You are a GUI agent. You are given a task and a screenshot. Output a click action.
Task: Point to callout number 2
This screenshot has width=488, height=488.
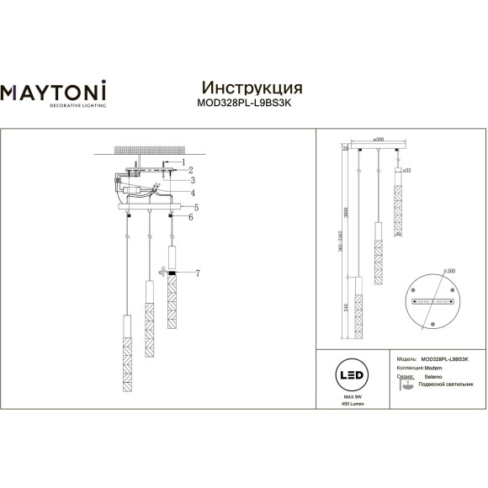click(x=191, y=170)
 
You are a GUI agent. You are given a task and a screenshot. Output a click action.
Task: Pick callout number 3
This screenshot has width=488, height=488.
click(x=192, y=180)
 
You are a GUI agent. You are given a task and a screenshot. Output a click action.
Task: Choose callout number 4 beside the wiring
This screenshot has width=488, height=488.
click(x=192, y=192)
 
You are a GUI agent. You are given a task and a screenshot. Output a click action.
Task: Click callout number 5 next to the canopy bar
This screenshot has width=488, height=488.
click(x=195, y=206)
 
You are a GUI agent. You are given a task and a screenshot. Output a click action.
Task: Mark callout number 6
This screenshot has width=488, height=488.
click(x=191, y=218)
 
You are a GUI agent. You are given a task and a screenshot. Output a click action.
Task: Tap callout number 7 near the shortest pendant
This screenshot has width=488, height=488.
click(x=197, y=274)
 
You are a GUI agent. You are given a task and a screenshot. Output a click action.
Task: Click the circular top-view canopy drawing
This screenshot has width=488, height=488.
click(x=432, y=300)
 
